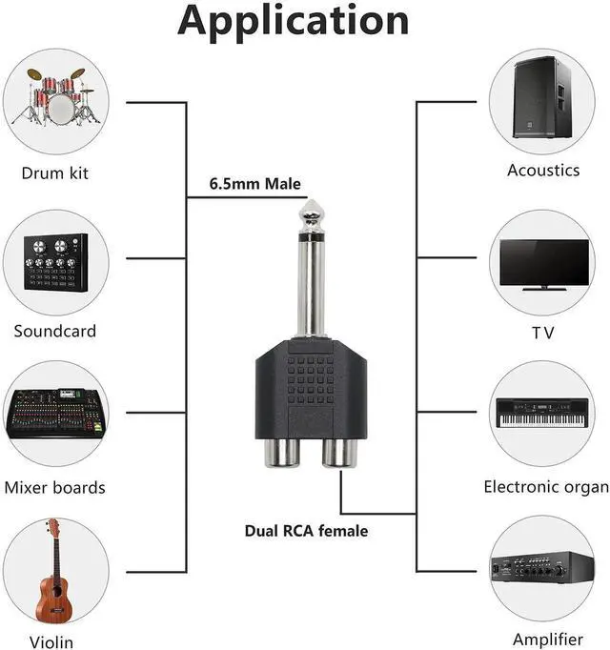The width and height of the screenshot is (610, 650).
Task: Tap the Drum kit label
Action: point(56,173)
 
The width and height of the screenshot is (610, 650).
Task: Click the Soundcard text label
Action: point(55,332)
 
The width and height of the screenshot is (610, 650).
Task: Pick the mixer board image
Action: point(56,413)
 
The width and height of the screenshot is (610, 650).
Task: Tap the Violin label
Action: point(51,641)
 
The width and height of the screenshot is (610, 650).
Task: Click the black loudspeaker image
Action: point(540,99)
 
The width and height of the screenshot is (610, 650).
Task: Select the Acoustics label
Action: point(543,171)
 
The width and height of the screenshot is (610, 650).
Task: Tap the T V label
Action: point(543,333)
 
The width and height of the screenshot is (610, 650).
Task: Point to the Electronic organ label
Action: point(546,487)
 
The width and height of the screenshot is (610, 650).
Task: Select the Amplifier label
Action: point(547,639)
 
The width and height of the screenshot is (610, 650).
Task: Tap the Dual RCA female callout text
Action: point(306,531)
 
